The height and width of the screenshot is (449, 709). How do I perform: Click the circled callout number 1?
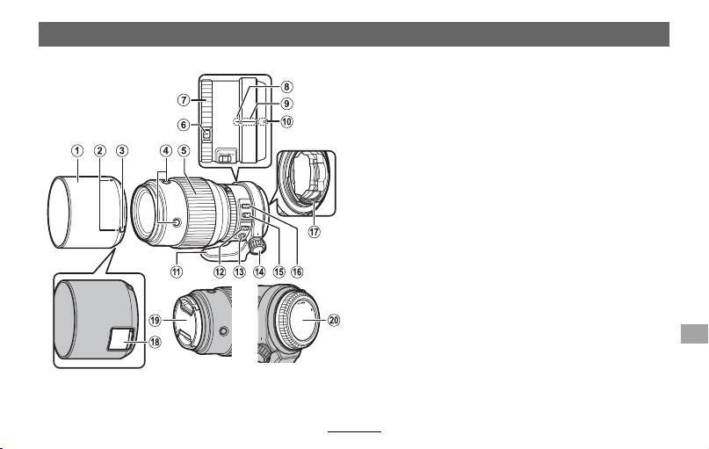point(77,150)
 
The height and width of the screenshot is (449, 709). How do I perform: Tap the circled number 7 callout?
point(183,100)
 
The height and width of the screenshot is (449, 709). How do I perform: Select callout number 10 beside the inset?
point(286,121)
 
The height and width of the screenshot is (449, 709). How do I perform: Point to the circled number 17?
point(314,232)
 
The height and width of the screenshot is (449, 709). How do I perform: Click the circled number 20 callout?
point(333,320)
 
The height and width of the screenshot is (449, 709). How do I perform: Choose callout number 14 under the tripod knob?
point(259,272)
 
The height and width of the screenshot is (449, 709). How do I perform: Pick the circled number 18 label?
point(155,342)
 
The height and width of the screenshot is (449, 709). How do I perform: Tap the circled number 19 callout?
point(156,321)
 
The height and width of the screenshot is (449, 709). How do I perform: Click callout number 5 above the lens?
point(184,150)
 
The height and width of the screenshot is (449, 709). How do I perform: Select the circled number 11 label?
point(176,272)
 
